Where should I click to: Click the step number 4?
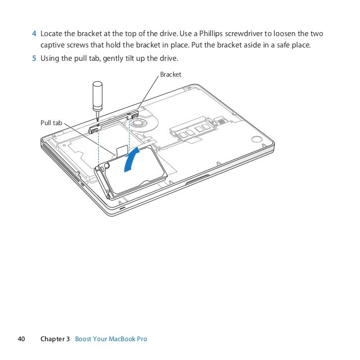point(34,34)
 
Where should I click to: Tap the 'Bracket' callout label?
point(171,75)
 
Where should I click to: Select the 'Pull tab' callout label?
point(51,122)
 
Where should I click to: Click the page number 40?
point(21,339)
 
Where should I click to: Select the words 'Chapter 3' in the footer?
point(55,339)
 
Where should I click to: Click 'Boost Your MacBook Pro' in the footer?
point(111,339)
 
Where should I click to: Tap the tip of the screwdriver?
point(97,121)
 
